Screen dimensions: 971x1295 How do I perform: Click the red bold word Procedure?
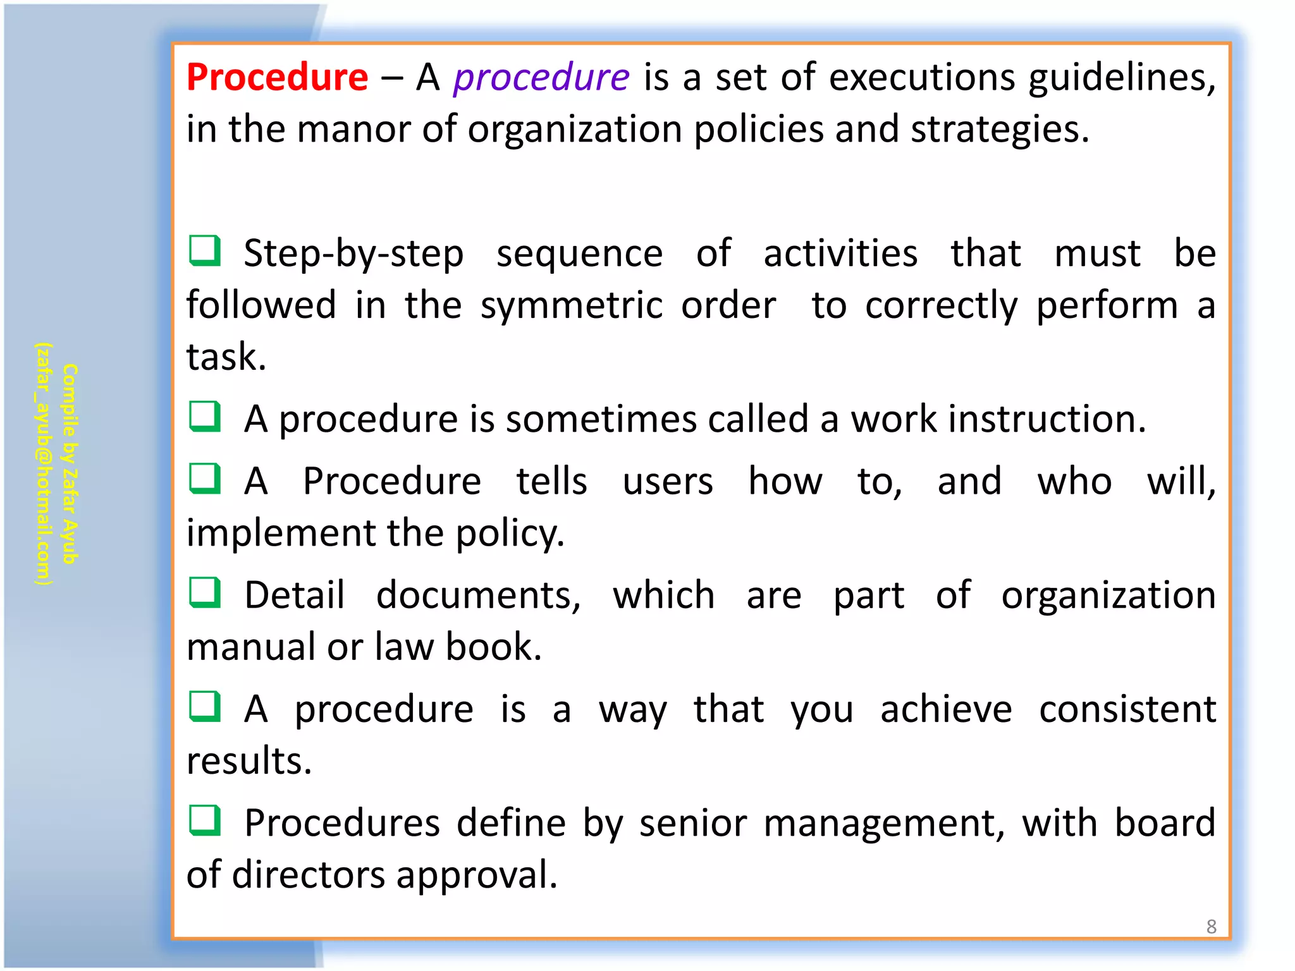(277, 77)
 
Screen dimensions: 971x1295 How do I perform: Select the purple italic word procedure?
(541, 78)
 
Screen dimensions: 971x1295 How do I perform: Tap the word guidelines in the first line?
(1121, 78)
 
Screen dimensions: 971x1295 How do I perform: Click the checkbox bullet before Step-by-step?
(205, 251)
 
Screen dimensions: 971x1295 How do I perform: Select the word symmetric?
(572, 306)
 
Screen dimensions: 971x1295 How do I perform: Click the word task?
(226, 357)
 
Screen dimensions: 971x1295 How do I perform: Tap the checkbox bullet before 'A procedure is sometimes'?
(205, 417)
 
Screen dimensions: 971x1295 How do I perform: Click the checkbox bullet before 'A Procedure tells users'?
(205, 479)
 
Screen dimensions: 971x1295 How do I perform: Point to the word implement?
(281, 534)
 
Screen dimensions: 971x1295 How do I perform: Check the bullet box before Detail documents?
(205, 593)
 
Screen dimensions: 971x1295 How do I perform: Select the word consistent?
(1127, 709)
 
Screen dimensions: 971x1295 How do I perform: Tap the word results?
(249, 760)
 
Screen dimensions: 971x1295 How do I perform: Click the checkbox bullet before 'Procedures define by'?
(205, 821)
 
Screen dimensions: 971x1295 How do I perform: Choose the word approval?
(477, 876)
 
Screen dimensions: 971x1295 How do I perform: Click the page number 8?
(1211, 927)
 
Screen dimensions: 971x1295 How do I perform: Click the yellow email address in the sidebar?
(43, 464)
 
